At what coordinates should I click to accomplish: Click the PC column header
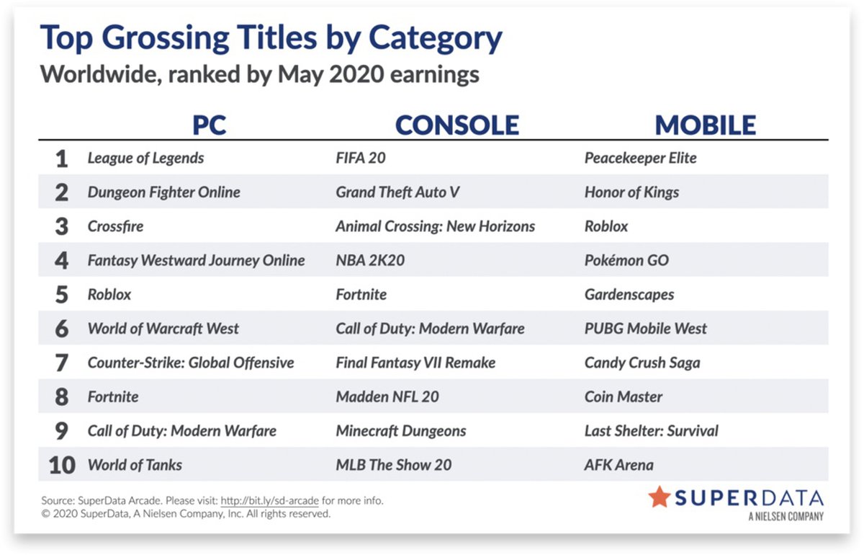[x=209, y=125]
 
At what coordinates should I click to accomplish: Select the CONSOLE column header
[x=457, y=125]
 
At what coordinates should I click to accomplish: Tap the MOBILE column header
[x=706, y=125]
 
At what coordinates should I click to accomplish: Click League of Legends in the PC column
[x=145, y=159]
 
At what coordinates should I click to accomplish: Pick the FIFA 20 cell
[x=361, y=158]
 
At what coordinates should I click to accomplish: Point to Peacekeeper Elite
[x=641, y=159]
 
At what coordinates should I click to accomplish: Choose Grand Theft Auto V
[x=397, y=192]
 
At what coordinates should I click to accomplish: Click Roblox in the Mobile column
[x=606, y=226]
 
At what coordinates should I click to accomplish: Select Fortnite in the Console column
[x=361, y=295]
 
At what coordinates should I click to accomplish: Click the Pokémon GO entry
[x=627, y=260]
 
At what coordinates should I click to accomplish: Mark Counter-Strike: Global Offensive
[x=191, y=363]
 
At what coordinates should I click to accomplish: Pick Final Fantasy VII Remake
[x=416, y=363]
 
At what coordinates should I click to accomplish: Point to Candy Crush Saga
[x=642, y=363]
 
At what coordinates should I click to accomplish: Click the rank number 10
[x=62, y=466]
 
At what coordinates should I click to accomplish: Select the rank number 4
[x=62, y=261]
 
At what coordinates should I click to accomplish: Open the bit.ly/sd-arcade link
[x=269, y=501]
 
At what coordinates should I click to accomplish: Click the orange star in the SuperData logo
[x=660, y=497]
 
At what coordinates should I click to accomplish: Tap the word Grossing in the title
[x=210, y=39]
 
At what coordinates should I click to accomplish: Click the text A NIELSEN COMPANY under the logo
[x=786, y=516]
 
